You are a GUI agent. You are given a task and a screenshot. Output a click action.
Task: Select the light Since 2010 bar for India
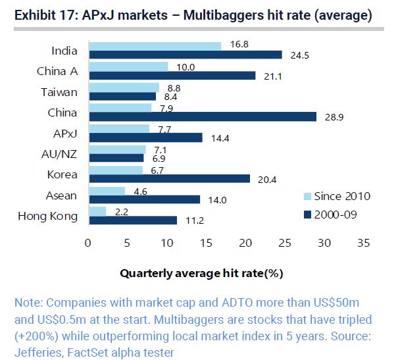(x=154, y=46)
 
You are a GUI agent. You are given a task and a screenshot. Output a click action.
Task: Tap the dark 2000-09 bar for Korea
(x=168, y=178)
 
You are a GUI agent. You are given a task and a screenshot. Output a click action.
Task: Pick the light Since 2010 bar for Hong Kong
(x=97, y=211)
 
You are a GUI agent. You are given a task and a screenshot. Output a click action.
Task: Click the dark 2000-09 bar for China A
(x=171, y=76)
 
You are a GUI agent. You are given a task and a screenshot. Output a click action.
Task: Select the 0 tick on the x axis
(x=88, y=242)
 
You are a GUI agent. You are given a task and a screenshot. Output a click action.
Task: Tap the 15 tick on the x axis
(x=206, y=242)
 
